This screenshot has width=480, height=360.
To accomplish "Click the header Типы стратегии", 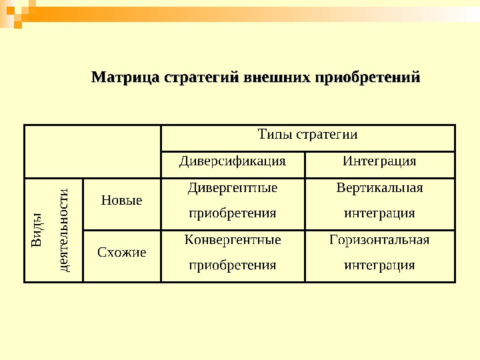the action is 307,135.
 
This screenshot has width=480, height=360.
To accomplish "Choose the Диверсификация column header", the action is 233,161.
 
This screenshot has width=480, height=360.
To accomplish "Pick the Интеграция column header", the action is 379,161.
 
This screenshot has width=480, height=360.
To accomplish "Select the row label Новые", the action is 121,200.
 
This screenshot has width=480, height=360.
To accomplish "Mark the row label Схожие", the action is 121,252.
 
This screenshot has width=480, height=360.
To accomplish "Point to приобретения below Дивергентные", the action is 233,213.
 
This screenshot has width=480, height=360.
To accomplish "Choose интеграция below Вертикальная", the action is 379,213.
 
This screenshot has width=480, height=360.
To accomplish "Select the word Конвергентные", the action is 233,239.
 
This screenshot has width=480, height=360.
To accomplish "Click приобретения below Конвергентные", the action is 233,265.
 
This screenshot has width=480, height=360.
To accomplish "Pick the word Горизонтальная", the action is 379,239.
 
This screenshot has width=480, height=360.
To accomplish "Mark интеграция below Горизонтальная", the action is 379,265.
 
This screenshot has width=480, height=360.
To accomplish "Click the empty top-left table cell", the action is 93,151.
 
